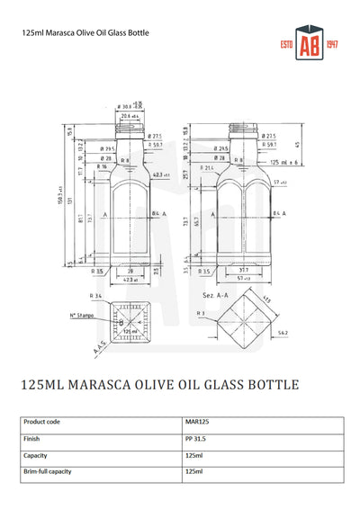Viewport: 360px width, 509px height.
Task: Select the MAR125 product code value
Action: click(197, 421)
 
